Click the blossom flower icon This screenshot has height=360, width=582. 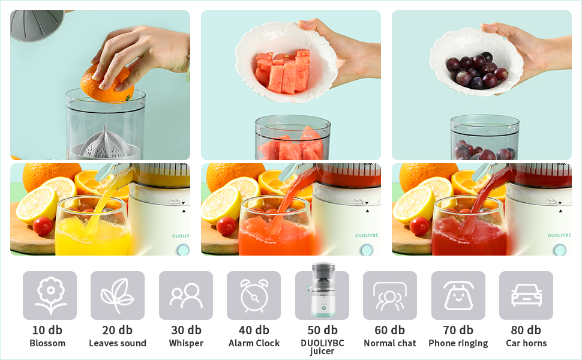pyautogui.click(x=50, y=295)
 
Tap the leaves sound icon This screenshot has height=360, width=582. pyautogui.click(x=118, y=295)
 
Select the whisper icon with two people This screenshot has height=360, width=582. pyautogui.click(x=186, y=295)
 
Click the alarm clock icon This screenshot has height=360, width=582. pyautogui.click(x=254, y=295)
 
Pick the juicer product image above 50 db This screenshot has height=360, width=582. pyautogui.click(x=322, y=292)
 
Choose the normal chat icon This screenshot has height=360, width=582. pyautogui.click(x=390, y=295)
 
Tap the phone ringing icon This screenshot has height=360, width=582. pyautogui.click(x=458, y=295)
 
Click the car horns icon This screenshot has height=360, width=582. pyautogui.click(x=526, y=295)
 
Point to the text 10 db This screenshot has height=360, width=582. pyautogui.click(x=47, y=330)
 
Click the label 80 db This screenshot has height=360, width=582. pyautogui.click(x=526, y=330)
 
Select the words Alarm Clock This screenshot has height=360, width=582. pyautogui.click(x=254, y=343)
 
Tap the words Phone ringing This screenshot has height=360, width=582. pyautogui.click(x=458, y=343)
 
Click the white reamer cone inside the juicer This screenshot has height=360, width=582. pyautogui.click(x=106, y=142)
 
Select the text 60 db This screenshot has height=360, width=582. pyautogui.click(x=390, y=330)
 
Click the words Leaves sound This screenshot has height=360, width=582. pyautogui.click(x=118, y=343)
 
